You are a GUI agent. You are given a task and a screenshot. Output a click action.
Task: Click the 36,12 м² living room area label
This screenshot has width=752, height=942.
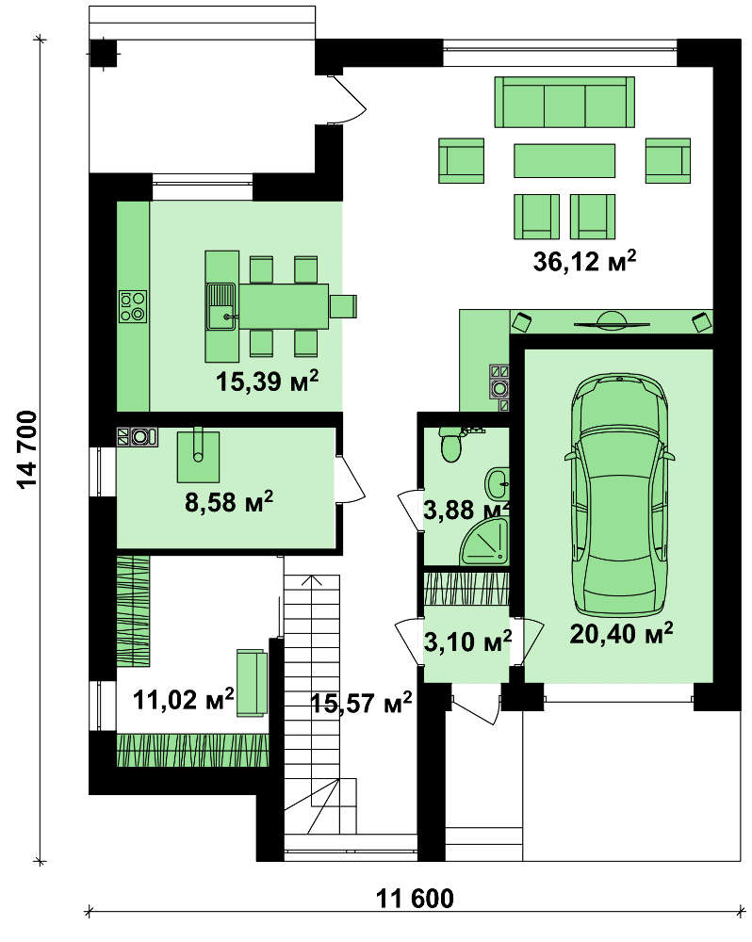(x=584, y=261)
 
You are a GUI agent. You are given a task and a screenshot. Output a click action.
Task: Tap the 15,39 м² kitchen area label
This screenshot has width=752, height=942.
(x=267, y=381)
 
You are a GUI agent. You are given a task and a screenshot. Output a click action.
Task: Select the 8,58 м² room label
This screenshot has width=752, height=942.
(x=229, y=501)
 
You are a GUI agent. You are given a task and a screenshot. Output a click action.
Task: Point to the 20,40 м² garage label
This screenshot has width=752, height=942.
(x=621, y=633)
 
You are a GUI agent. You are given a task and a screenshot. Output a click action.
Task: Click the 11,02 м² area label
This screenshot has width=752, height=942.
(x=184, y=699)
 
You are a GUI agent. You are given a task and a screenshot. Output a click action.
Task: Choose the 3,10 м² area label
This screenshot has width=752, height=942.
(x=467, y=642)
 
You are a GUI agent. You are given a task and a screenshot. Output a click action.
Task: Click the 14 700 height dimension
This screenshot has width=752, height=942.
(x=27, y=449)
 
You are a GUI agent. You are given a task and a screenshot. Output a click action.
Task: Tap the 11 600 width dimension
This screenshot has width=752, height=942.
(x=415, y=899)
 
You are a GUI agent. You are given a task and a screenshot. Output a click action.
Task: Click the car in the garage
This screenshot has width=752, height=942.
(x=619, y=494)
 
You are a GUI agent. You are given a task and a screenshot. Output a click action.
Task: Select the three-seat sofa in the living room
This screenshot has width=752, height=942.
(x=564, y=102)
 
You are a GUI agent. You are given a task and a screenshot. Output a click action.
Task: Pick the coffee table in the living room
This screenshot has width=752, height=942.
(x=564, y=160)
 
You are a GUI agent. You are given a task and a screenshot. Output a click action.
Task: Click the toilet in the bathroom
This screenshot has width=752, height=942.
(x=450, y=445)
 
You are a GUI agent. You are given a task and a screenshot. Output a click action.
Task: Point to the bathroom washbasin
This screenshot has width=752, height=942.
(x=498, y=483)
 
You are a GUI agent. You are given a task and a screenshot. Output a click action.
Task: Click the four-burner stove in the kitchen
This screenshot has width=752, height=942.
(x=133, y=306)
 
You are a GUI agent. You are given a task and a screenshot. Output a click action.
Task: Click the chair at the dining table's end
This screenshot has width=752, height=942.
(x=344, y=306)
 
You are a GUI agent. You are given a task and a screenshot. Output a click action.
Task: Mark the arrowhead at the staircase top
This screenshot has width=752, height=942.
(x=311, y=579)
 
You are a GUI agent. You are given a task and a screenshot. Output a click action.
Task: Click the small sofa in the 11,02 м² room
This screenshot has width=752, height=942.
(x=252, y=682)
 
